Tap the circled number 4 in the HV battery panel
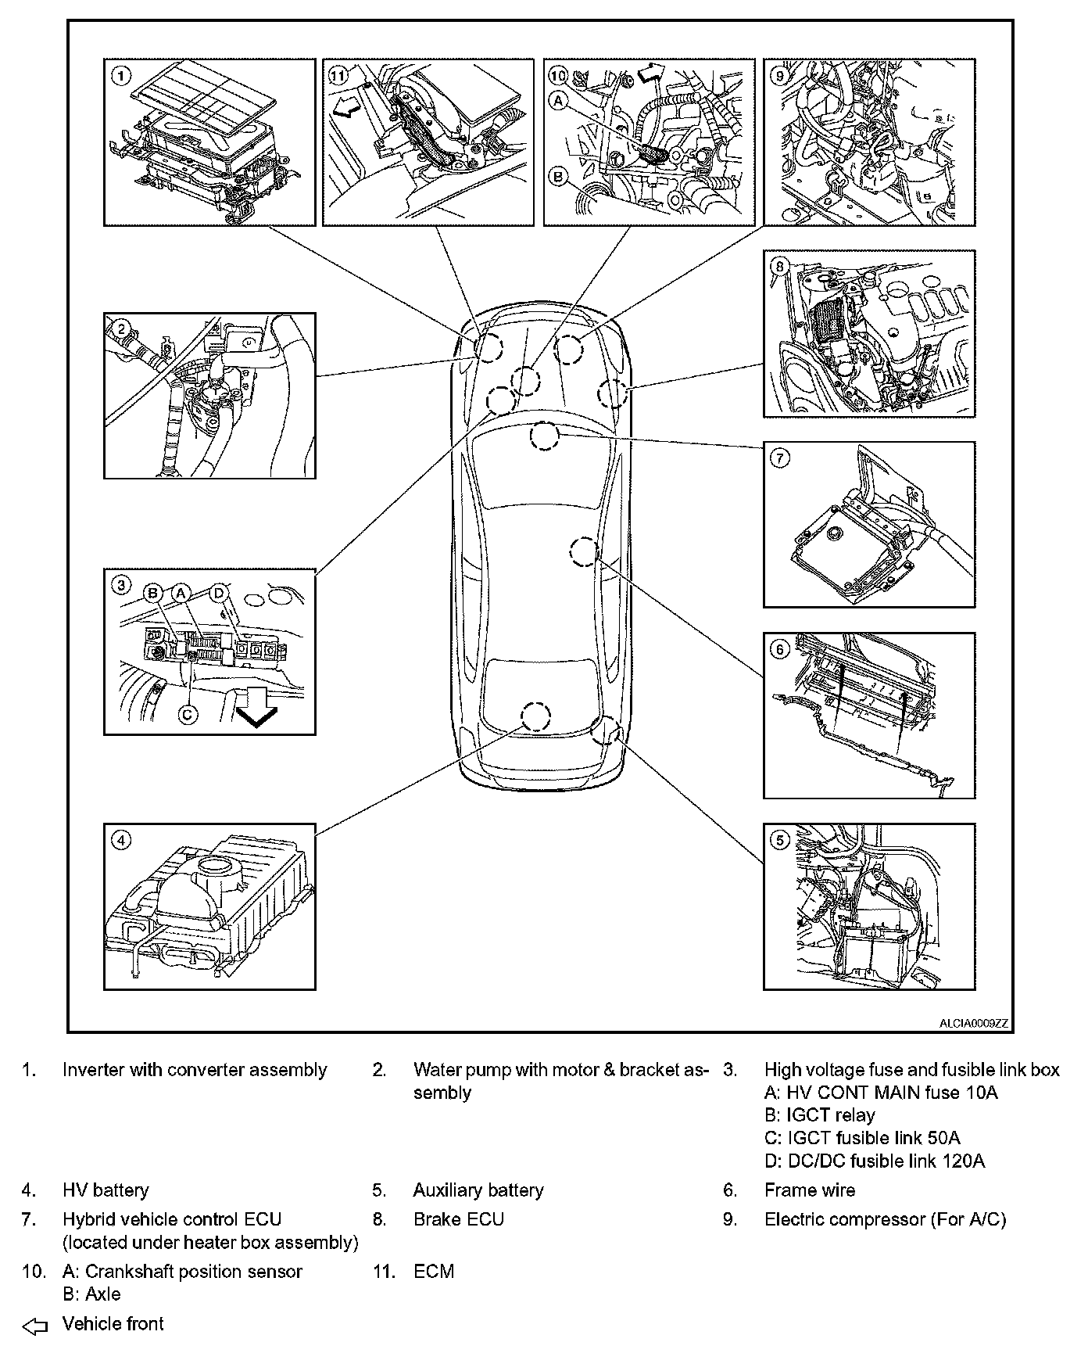pyautogui.click(x=121, y=841)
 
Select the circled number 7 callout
pyautogui.click(x=780, y=458)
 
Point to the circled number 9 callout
pyautogui.click(x=779, y=75)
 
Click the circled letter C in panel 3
pyautogui.click(x=188, y=713)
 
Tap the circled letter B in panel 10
pyautogui.click(x=558, y=178)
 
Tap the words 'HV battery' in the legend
pyautogui.click(x=106, y=1190)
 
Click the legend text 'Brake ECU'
pyautogui.click(x=458, y=1219)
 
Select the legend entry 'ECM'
pyautogui.click(x=433, y=1272)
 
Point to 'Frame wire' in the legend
pyautogui.click(x=809, y=1190)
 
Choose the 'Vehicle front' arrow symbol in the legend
pyautogui.click(x=35, y=1325)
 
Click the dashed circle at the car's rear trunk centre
pyautogui.click(x=535, y=716)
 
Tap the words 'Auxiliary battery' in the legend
pyautogui.click(x=478, y=1190)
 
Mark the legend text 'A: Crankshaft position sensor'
pyautogui.click(x=182, y=1272)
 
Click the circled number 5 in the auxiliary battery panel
pyautogui.click(x=780, y=841)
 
